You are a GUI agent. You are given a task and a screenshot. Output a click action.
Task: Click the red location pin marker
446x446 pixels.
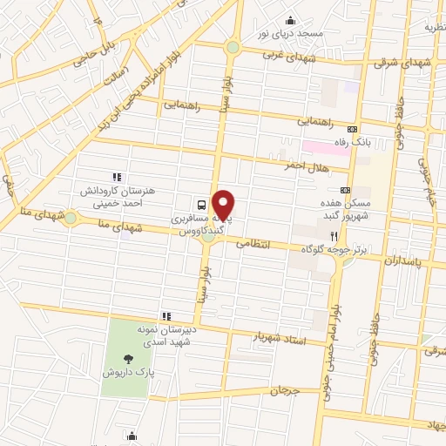coord(225,206)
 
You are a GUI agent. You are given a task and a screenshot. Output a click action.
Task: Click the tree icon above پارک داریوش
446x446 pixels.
coord(128,357)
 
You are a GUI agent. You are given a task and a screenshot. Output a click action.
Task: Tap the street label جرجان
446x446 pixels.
coord(284,389)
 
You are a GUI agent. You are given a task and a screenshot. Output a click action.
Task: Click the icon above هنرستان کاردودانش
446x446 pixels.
coord(117,176)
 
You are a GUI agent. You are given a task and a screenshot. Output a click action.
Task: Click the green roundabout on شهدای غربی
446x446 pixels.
coord(232,47)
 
